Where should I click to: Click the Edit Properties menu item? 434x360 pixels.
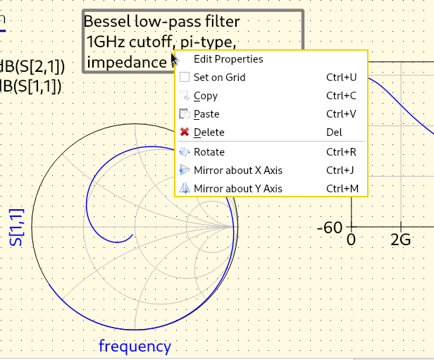click(x=228, y=59)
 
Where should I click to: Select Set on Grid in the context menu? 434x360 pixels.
click(x=219, y=77)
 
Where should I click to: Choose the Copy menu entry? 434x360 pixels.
click(x=205, y=96)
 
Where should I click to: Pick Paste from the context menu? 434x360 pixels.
click(x=206, y=114)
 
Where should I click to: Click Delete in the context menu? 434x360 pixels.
click(x=209, y=132)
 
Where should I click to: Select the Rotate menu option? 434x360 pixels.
click(x=209, y=151)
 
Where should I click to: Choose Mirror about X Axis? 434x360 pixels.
click(x=237, y=170)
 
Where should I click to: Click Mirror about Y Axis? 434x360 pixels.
click(x=237, y=188)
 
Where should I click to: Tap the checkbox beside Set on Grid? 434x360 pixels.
click(x=185, y=77)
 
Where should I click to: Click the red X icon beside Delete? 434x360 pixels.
click(x=185, y=132)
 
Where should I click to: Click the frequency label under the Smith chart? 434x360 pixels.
click(x=135, y=346)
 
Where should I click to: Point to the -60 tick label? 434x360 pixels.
click(x=330, y=228)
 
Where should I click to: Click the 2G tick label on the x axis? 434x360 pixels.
click(x=400, y=240)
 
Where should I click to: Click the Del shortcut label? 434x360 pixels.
click(x=334, y=132)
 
